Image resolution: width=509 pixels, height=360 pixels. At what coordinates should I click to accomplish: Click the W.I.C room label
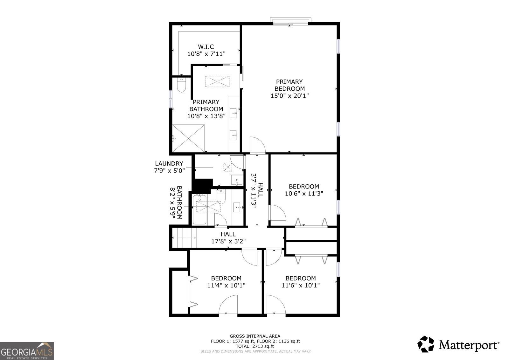[206, 47]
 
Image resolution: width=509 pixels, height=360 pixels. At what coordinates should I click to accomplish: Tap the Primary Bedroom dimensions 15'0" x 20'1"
[289, 96]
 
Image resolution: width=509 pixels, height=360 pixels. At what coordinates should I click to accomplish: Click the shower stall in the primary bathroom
[188, 138]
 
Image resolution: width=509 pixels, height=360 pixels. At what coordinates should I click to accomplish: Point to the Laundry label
[169, 164]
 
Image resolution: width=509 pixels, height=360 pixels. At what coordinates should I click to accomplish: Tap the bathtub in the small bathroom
[199, 209]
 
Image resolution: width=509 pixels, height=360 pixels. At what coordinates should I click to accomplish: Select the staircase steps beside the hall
[185, 238]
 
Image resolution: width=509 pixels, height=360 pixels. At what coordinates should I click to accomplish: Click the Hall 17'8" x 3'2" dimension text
[228, 241]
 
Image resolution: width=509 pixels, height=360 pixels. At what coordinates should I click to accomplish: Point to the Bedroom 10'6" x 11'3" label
[304, 190]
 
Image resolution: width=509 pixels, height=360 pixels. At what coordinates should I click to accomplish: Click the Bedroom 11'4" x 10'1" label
[226, 282]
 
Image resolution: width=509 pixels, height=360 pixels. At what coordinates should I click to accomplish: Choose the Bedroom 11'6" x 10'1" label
[301, 282]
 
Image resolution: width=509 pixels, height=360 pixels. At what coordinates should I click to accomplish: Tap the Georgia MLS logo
[27, 351]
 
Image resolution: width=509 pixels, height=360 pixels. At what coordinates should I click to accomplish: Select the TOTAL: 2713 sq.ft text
[255, 346]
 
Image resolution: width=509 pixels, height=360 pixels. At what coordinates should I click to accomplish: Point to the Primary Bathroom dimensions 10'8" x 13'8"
[206, 116]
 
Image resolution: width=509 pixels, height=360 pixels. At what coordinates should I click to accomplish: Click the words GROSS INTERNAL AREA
[255, 336]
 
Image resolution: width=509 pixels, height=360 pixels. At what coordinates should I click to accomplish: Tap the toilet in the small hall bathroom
[221, 197]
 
